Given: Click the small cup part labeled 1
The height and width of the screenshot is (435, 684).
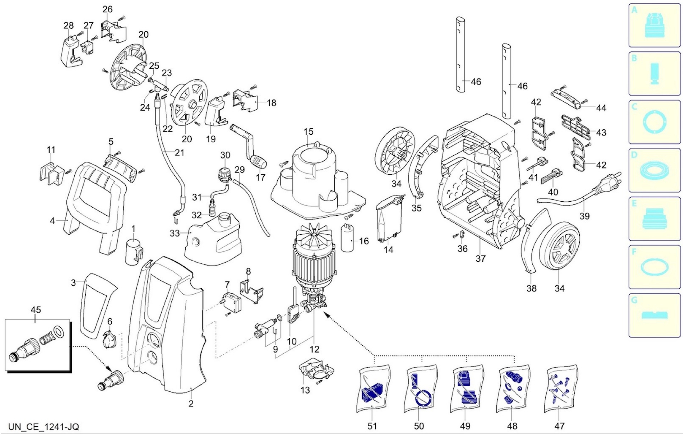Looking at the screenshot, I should point(133,251).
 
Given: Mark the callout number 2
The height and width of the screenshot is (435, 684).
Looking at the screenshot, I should point(191,403).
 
